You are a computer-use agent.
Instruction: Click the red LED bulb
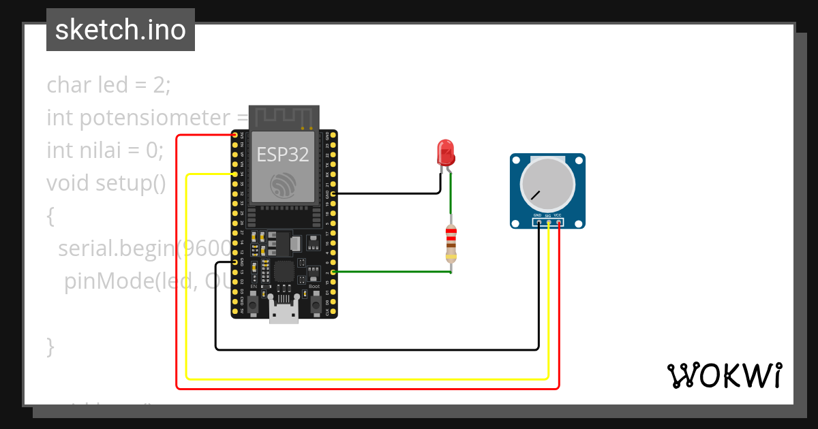pos(446,152)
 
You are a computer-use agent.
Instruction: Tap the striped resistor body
pos(451,243)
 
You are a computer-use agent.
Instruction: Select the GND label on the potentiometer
pos(537,215)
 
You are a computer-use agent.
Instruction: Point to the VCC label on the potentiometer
pos(558,215)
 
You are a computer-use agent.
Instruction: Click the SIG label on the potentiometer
pos(547,215)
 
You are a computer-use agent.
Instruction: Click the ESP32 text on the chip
pos(283,155)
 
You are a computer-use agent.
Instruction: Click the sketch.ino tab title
pos(121,30)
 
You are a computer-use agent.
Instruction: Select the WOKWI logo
pos(725,375)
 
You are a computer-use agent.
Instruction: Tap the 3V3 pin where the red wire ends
pos(235,135)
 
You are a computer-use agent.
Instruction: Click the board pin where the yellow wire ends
pos(235,174)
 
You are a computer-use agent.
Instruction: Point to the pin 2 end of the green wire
pos(333,272)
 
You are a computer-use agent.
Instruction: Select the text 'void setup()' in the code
pos(106,182)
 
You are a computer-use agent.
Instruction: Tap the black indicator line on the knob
pos(536,195)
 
